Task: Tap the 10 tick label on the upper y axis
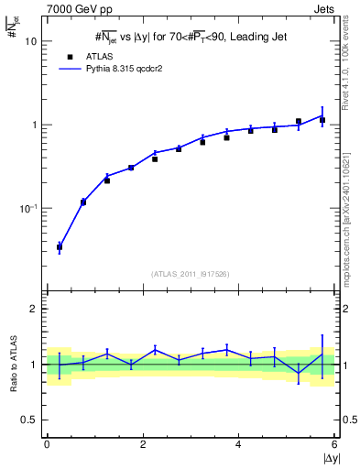31,41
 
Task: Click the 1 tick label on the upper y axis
34,125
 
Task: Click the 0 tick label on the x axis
46,444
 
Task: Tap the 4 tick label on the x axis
238,444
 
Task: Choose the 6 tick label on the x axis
334,444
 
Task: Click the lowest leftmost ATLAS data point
60,247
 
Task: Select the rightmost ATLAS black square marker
322,120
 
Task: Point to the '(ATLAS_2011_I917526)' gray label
191,273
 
